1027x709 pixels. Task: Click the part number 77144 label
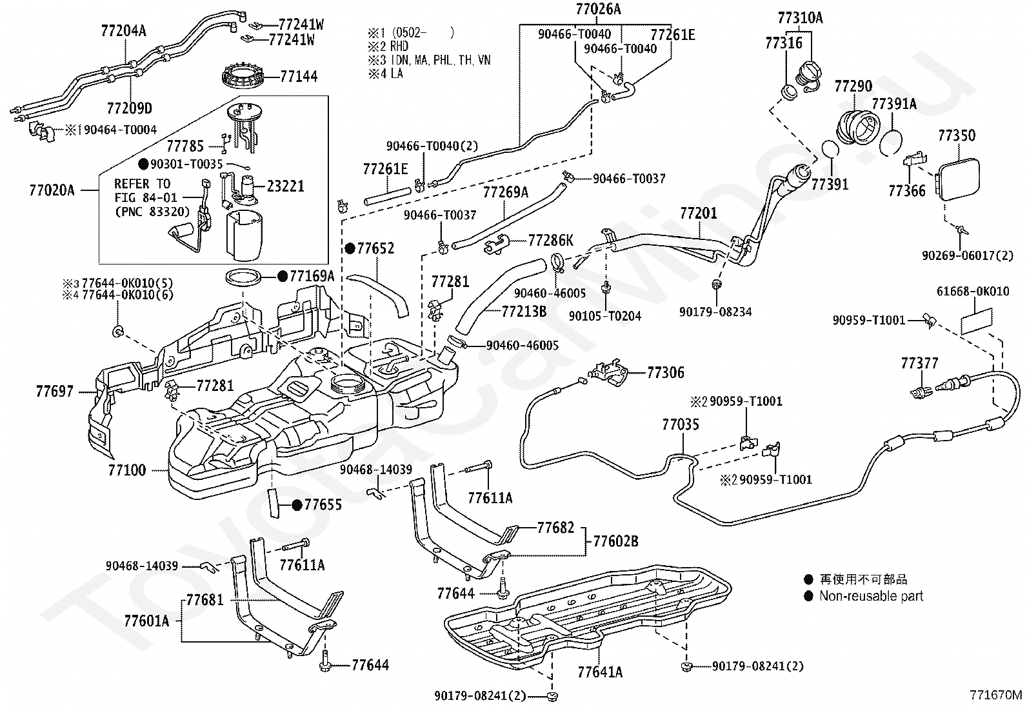pyautogui.click(x=299, y=76)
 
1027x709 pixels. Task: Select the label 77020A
pyautogui.click(x=52, y=190)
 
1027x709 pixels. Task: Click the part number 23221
pyautogui.click(x=286, y=186)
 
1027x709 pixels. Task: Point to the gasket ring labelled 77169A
pyautogui.click(x=243, y=277)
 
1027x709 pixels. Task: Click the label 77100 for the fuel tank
pyautogui.click(x=127, y=470)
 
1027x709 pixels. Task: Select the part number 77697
pyautogui.click(x=55, y=391)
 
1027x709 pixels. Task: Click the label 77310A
pyautogui.click(x=801, y=18)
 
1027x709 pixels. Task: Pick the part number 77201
pyautogui.click(x=699, y=213)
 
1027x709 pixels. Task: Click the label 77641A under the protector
pyautogui.click(x=600, y=672)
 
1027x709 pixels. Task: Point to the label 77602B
pyautogui.click(x=615, y=541)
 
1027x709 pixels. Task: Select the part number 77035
pyautogui.click(x=681, y=424)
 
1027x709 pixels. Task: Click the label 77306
pyautogui.click(x=666, y=372)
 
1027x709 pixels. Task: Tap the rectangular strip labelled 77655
pyautogui.click(x=274, y=503)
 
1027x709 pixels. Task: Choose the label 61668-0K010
pyautogui.click(x=973, y=291)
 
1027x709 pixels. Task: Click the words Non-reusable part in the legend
pyautogui.click(x=871, y=595)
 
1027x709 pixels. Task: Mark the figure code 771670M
pyautogui.click(x=995, y=695)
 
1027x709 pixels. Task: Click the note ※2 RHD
pyautogui.click(x=388, y=46)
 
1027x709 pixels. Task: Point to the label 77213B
pyautogui.click(x=524, y=312)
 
